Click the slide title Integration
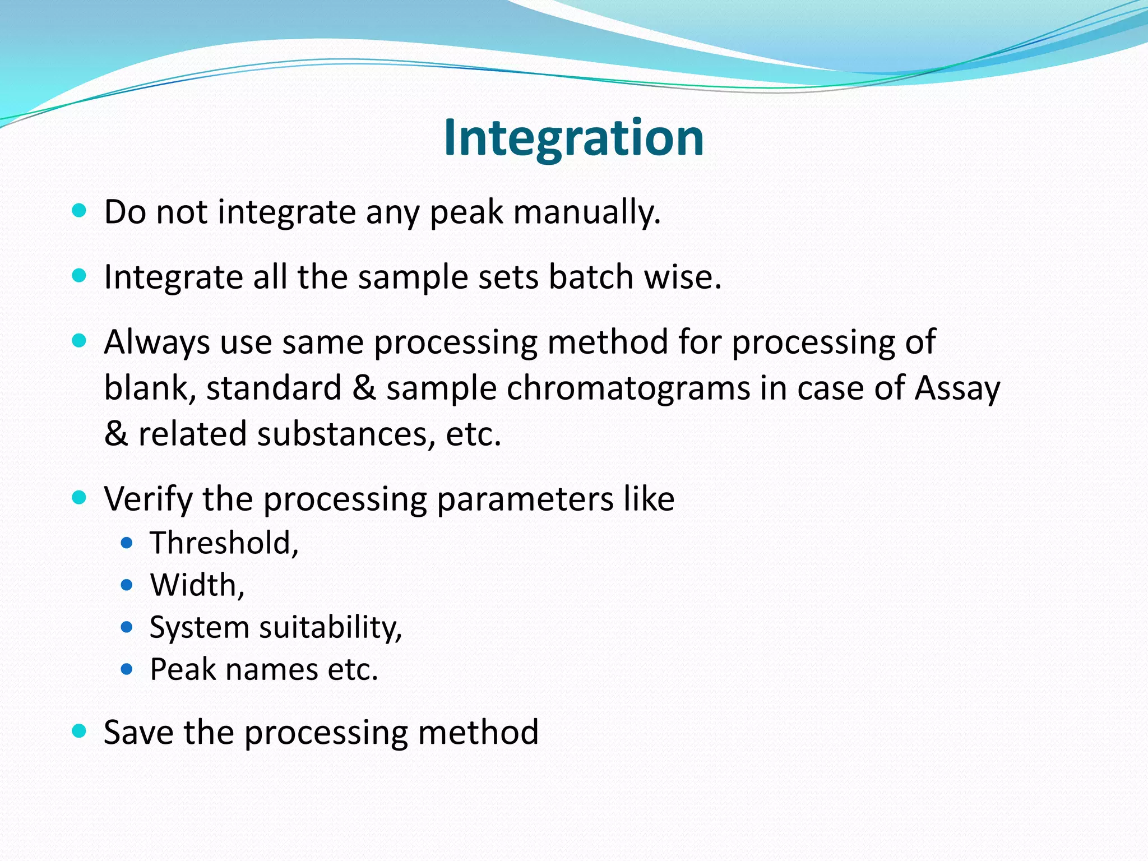click(x=573, y=138)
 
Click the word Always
click(x=156, y=342)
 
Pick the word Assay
click(x=957, y=388)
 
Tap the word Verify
click(x=147, y=498)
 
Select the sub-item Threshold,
click(x=224, y=543)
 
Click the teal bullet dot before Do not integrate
click(x=80, y=211)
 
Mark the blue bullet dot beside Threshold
click(x=127, y=543)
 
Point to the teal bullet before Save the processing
click(x=80, y=731)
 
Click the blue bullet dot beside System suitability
click(x=127, y=627)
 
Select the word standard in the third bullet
click(x=274, y=388)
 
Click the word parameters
click(x=525, y=498)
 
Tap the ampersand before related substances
click(x=116, y=434)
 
